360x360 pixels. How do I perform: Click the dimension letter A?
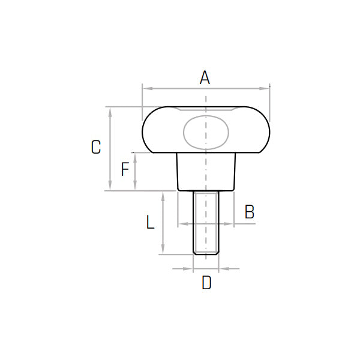pyautogui.click(x=205, y=77)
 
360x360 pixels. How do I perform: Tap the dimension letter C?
pyautogui.click(x=96, y=147)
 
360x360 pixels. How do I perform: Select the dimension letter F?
pyautogui.click(x=125, y=169)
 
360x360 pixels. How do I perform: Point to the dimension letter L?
pyautogui.click(x=151, y=222)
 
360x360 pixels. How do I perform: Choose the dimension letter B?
pyautogui.click(x=250, y=211)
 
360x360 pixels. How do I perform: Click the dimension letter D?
pyautogui.click(x=206, y=283)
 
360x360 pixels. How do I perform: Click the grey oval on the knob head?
pyautogui.click(x=206, y=132)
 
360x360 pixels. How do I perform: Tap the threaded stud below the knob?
pyautogui.click(x=206, y=223)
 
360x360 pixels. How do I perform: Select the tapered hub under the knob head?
pyautogui.click(x=206, y=172)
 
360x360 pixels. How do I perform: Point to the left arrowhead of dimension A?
pyautogui.click(x=148, y=89)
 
